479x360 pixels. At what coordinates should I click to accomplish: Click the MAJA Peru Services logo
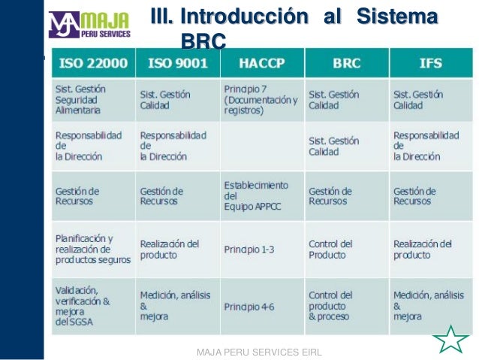point(89,25)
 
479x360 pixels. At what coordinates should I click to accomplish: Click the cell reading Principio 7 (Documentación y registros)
point(261,99)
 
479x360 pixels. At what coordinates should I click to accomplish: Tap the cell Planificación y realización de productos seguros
point(92,249)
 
